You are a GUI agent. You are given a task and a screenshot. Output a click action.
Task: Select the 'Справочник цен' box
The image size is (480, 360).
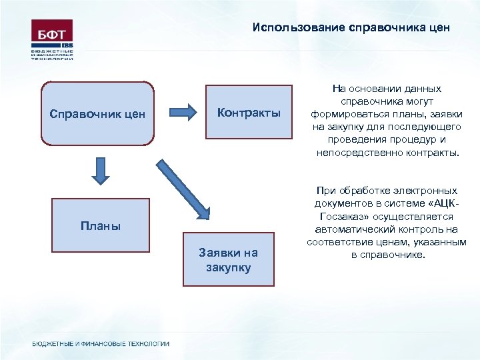click(x=97, y=113)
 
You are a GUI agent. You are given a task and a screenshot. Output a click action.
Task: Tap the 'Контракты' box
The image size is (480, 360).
click(x=249, y=112)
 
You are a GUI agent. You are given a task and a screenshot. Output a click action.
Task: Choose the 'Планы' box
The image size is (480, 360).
click(x=101, y=226)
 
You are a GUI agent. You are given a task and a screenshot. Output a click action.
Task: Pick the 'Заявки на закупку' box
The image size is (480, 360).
click(x=229, y=259)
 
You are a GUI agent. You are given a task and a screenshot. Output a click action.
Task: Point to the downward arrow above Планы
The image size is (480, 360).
click(x=99, y=170)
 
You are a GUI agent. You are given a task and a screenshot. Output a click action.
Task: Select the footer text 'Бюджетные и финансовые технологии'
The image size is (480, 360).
click(x=101, y=343)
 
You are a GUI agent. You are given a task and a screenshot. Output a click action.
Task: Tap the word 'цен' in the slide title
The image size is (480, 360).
click(x=440, y=28)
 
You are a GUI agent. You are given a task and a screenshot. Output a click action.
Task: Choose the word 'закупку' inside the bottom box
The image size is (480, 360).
click(x=229, y=267)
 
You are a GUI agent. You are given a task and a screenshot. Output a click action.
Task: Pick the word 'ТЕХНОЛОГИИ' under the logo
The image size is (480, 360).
click(x=51, y=59)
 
